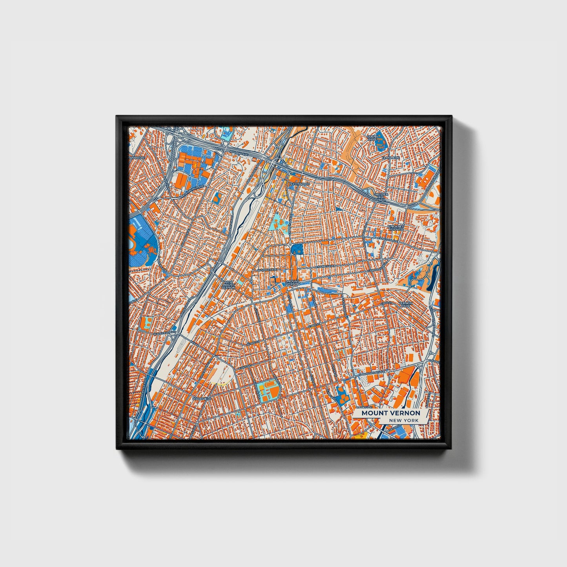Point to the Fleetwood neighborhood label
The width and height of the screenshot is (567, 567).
click(300, 184)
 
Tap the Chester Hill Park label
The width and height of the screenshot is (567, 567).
click(381, 197)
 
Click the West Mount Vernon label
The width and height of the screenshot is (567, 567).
click(228, 284)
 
